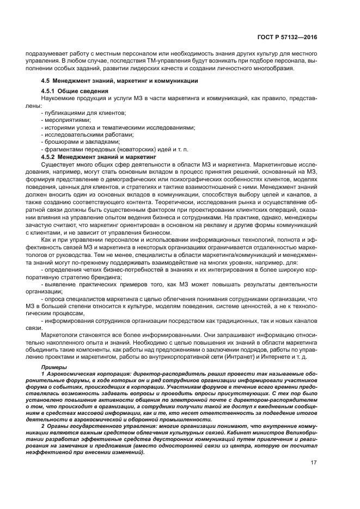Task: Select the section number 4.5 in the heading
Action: click(46, 81)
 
